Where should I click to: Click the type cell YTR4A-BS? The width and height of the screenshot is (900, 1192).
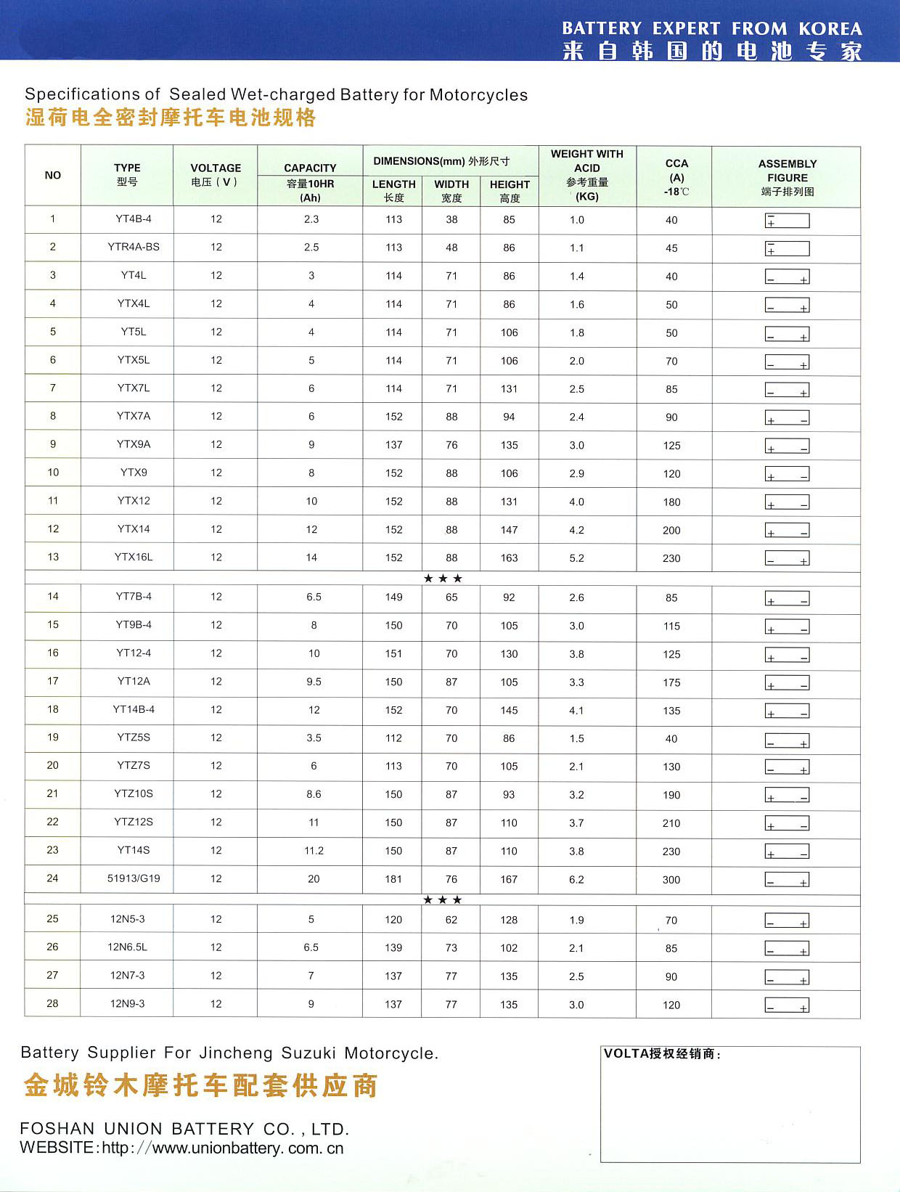click(134, 247)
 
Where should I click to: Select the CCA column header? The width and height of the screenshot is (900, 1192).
click(676, 177)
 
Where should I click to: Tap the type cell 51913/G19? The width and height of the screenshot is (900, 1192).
click(134, 878)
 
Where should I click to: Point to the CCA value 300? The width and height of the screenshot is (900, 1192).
click(671, 880)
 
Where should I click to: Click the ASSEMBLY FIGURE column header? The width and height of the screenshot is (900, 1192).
click(787, 177)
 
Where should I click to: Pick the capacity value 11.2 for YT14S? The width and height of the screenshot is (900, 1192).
click(314, 851)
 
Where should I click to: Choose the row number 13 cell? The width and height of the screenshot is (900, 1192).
click(53, 557)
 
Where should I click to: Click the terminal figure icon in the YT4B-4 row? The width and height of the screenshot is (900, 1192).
click(787, 221)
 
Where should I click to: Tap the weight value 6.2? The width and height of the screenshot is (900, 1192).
click(576, 880)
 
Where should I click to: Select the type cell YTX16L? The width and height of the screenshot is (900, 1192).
click(134, 557)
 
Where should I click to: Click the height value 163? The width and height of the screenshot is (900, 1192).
click(509, 558)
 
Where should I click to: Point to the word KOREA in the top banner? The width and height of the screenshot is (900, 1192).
click(830, 29)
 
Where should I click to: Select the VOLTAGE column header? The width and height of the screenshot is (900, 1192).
click(216, 175)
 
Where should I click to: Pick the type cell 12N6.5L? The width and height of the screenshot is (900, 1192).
click(128, 947)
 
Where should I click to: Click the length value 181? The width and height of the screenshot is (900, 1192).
click(393, 879)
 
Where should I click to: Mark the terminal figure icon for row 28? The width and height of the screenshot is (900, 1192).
click(787, 1005)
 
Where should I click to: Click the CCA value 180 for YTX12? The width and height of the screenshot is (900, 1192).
click(671, 502)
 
